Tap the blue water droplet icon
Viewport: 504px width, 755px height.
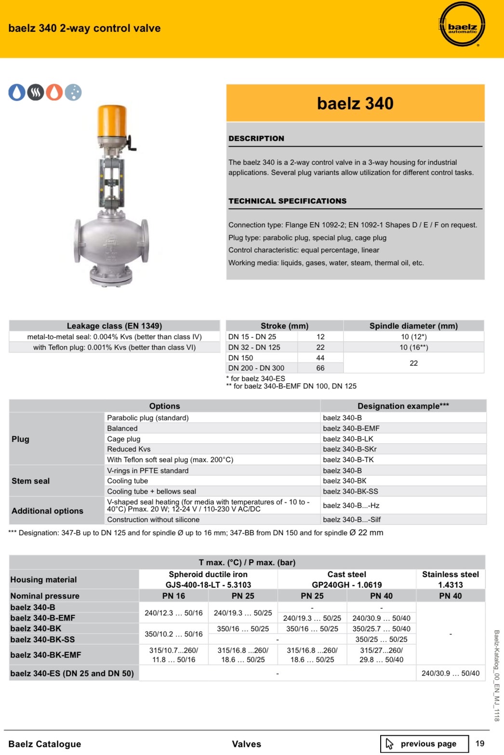[17, 92]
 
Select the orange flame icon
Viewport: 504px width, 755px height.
[54, 92]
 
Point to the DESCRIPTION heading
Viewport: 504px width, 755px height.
[256, 138]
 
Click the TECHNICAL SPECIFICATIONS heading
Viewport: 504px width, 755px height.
[287, 201]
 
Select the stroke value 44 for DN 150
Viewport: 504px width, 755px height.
[320, 358]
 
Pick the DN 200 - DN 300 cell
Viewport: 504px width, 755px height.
[256, 368]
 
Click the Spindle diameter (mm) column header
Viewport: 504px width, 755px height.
[413, 326]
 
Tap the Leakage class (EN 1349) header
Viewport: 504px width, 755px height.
[114, 326]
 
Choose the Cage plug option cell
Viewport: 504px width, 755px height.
[124, 439]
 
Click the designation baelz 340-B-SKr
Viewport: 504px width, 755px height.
[350, 449]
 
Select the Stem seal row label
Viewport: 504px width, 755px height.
[31, 481]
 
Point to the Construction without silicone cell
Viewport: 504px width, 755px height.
[153, 519]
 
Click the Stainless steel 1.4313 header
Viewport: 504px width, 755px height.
[450, 580]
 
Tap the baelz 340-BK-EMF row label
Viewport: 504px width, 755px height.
[46, 655]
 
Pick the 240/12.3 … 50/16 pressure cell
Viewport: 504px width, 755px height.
[173, 613]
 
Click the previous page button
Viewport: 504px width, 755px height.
[424, 743]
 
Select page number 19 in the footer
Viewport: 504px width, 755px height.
[480, 743]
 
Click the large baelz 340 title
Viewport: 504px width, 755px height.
[355, 103]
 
